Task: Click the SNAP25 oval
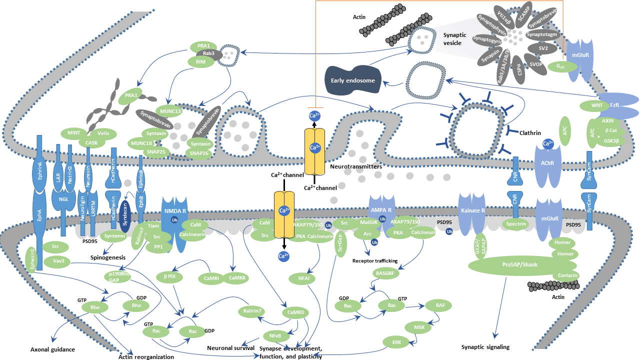point(154,152)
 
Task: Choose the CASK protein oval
point(91,142)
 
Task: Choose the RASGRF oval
point(386,272)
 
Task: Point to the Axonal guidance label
point(52,349)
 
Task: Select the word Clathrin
point(530,132)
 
